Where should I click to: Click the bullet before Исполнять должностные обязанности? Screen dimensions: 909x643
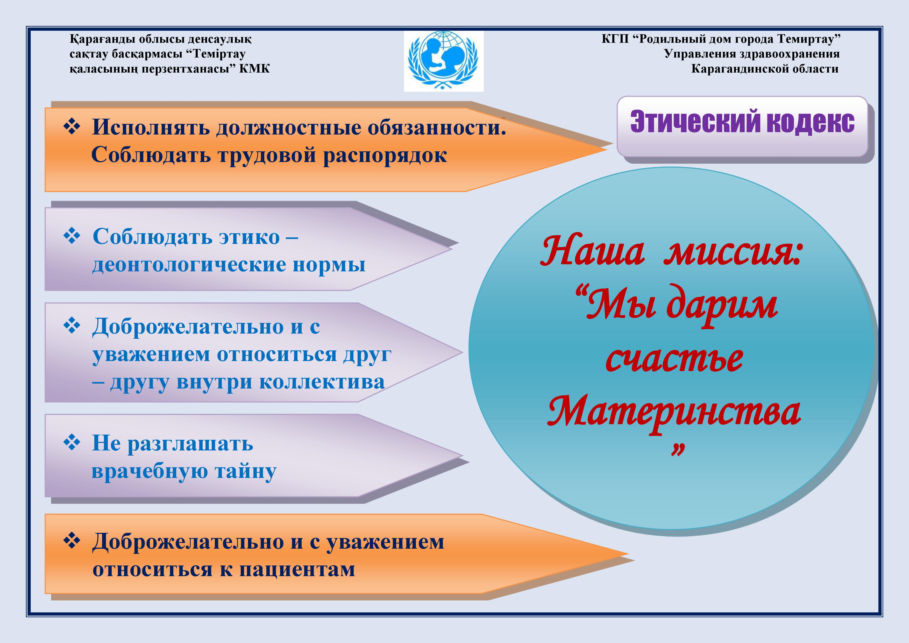point(72,127)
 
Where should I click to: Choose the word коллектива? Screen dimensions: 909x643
point(322,382)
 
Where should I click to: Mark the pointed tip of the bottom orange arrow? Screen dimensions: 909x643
point(628,554)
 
